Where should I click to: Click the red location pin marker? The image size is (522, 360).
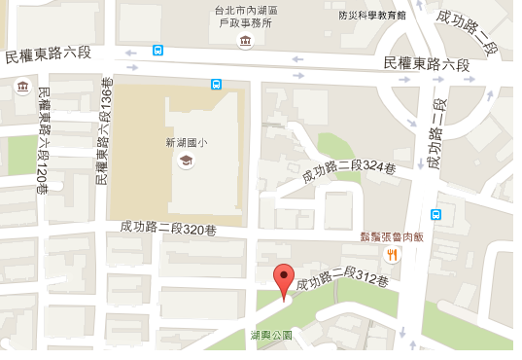coord(283,281)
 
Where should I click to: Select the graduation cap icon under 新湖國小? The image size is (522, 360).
coord(185,162)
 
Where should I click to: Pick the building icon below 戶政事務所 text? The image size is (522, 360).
coord(244,41)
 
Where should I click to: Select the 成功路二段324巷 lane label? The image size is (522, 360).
coord(349,173)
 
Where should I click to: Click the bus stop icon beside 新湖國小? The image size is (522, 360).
coord(215,85)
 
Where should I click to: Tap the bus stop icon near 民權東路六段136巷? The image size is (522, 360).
coord(157,50)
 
